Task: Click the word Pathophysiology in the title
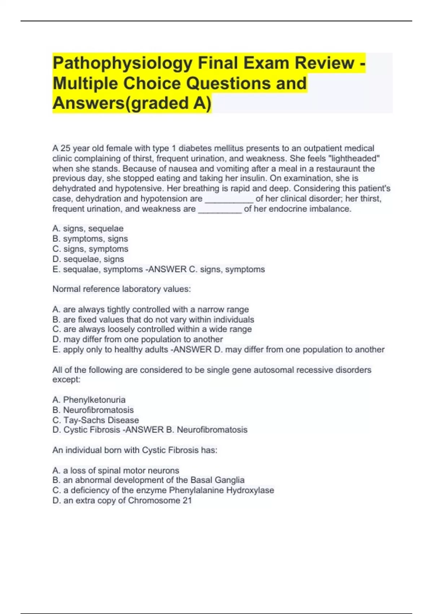pos(122,63)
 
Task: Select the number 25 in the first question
pos(65,148)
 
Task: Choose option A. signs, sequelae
pos(88,229)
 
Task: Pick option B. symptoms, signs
pos(90,239)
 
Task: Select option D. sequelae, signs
pos(88,259)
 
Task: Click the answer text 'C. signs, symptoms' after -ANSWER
pos(227,269)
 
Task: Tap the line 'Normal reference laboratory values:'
pos(122,289)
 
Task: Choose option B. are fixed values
pos(153,320)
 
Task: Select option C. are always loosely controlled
pos(152,329)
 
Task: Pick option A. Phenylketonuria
pos(89,400)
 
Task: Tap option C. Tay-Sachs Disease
pos(96,420)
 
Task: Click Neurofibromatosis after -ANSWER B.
pos(212,430)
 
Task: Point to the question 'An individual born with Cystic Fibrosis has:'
pos(135,450)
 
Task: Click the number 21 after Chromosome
pos(187,501)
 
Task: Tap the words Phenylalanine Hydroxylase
pos(222,490)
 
